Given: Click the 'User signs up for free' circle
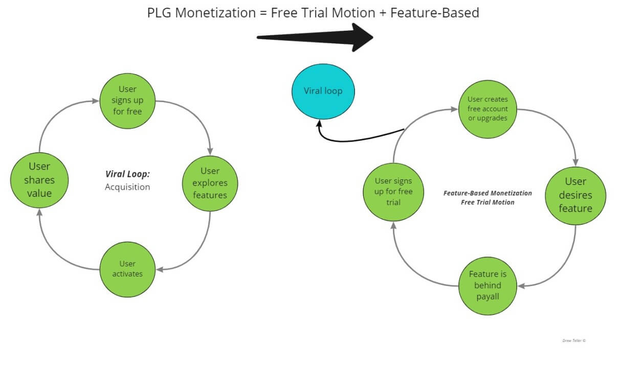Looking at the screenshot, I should pos(127,100).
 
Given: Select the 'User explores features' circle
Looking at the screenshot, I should pos(210,183).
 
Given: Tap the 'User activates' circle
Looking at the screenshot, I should pos(127,269).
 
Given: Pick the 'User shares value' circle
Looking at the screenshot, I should pos(39,180).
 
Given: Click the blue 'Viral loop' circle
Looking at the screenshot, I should pos(323,91).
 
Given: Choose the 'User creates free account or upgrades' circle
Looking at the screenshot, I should pos(487,109).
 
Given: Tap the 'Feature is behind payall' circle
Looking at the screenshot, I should pos(487,285).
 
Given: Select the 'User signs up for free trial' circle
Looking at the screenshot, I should pos(393,192).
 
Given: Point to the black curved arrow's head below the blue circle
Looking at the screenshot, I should pos(319,124).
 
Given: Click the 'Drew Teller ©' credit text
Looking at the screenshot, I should pos(573,340).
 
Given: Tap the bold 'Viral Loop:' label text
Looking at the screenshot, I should pos(127,174).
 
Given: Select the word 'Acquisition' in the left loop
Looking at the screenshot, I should pos(127,187).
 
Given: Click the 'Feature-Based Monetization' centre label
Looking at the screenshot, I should pos(487,193).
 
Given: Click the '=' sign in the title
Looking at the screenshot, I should pos(262,13).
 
